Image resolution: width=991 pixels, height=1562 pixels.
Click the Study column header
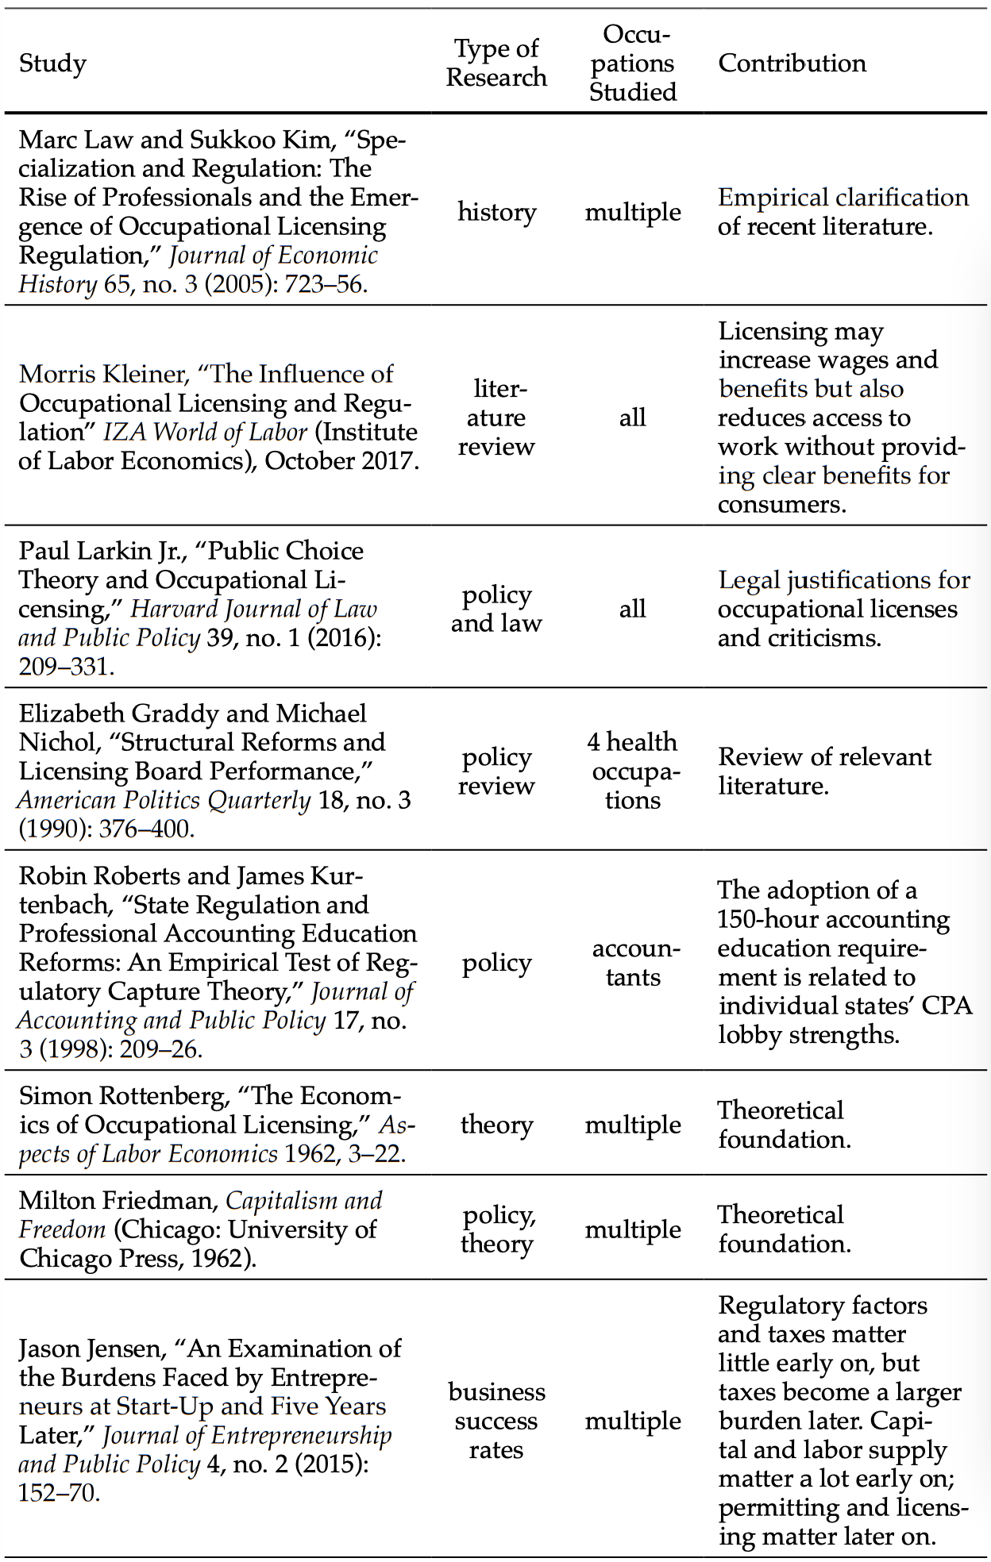(52, 63)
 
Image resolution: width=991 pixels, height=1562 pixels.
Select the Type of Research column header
(496, 63)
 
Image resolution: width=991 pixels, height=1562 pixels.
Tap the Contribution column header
(792, 63)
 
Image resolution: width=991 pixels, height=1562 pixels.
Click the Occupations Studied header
(633, 63)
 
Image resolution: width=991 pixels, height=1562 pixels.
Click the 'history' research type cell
(496, 212)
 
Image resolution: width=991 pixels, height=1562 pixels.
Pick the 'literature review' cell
(496, 417)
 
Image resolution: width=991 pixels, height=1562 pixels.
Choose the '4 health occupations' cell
(633, 771)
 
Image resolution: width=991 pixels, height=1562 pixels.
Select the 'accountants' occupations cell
(633, 963)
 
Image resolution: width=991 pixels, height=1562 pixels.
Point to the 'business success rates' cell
(496, 1421)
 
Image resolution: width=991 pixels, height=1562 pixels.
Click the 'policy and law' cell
(496, 609)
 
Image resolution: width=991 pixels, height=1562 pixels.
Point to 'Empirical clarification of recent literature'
(843, 212)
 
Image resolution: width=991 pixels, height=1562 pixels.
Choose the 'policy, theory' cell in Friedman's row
(496, 1229)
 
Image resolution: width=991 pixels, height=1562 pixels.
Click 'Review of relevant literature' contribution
(823, 771)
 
